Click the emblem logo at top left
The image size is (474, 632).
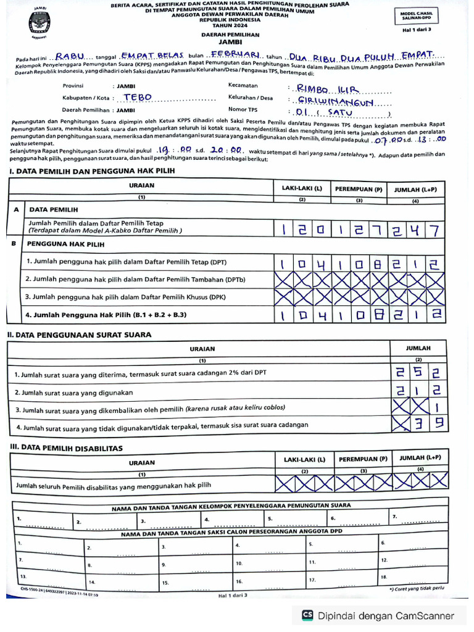(x=39, y=23)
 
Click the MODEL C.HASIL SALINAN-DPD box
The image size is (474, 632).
(x=417, y=17)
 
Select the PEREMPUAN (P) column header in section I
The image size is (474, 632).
(x=359, y=188)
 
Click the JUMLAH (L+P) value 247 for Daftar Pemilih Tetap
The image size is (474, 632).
(x=417, y=230)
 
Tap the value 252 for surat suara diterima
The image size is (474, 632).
(x=418, y=373)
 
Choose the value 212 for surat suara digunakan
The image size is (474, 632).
(x=418, y=390)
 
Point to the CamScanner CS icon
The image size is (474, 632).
(x=307, y=615)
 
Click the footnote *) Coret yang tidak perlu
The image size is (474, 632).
(x=416, y=589)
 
